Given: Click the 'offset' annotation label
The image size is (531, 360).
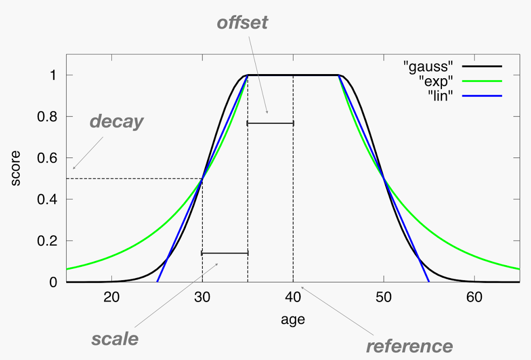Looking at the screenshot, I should (x=242, y=23).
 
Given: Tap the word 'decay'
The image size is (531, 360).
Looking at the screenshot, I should (x=116, y=121).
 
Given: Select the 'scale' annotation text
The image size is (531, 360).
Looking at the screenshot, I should (x=115, y=339).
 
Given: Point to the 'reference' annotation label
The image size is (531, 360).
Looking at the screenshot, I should (x=409, y=345).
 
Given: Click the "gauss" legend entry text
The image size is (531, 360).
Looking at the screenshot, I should (x=428, y=66).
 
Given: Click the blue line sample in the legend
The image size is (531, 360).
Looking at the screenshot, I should (x=482, y=95).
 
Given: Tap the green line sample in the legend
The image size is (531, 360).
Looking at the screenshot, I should (x=482, y=81).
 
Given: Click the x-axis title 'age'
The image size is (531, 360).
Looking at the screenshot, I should (x=293, y=320).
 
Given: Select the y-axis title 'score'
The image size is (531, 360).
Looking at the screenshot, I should (x=16, y=168).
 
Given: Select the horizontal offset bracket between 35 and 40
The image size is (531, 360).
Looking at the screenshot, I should (x=270, y=123).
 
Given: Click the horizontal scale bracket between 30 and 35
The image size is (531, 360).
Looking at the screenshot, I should (x=225, y=253).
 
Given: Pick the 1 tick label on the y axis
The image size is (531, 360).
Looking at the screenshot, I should (x=54, y=76).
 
